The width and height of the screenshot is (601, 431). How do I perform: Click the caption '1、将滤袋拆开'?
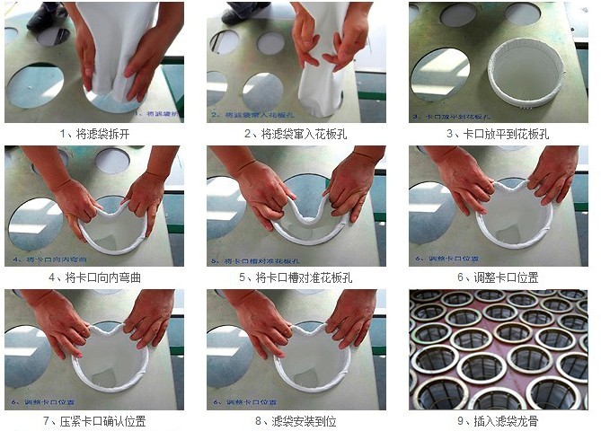(x=93, y=134)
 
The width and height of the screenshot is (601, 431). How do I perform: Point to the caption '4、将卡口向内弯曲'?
(x=93, y=277)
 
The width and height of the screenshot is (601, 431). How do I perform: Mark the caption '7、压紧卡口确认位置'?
(x=93, y=420)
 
